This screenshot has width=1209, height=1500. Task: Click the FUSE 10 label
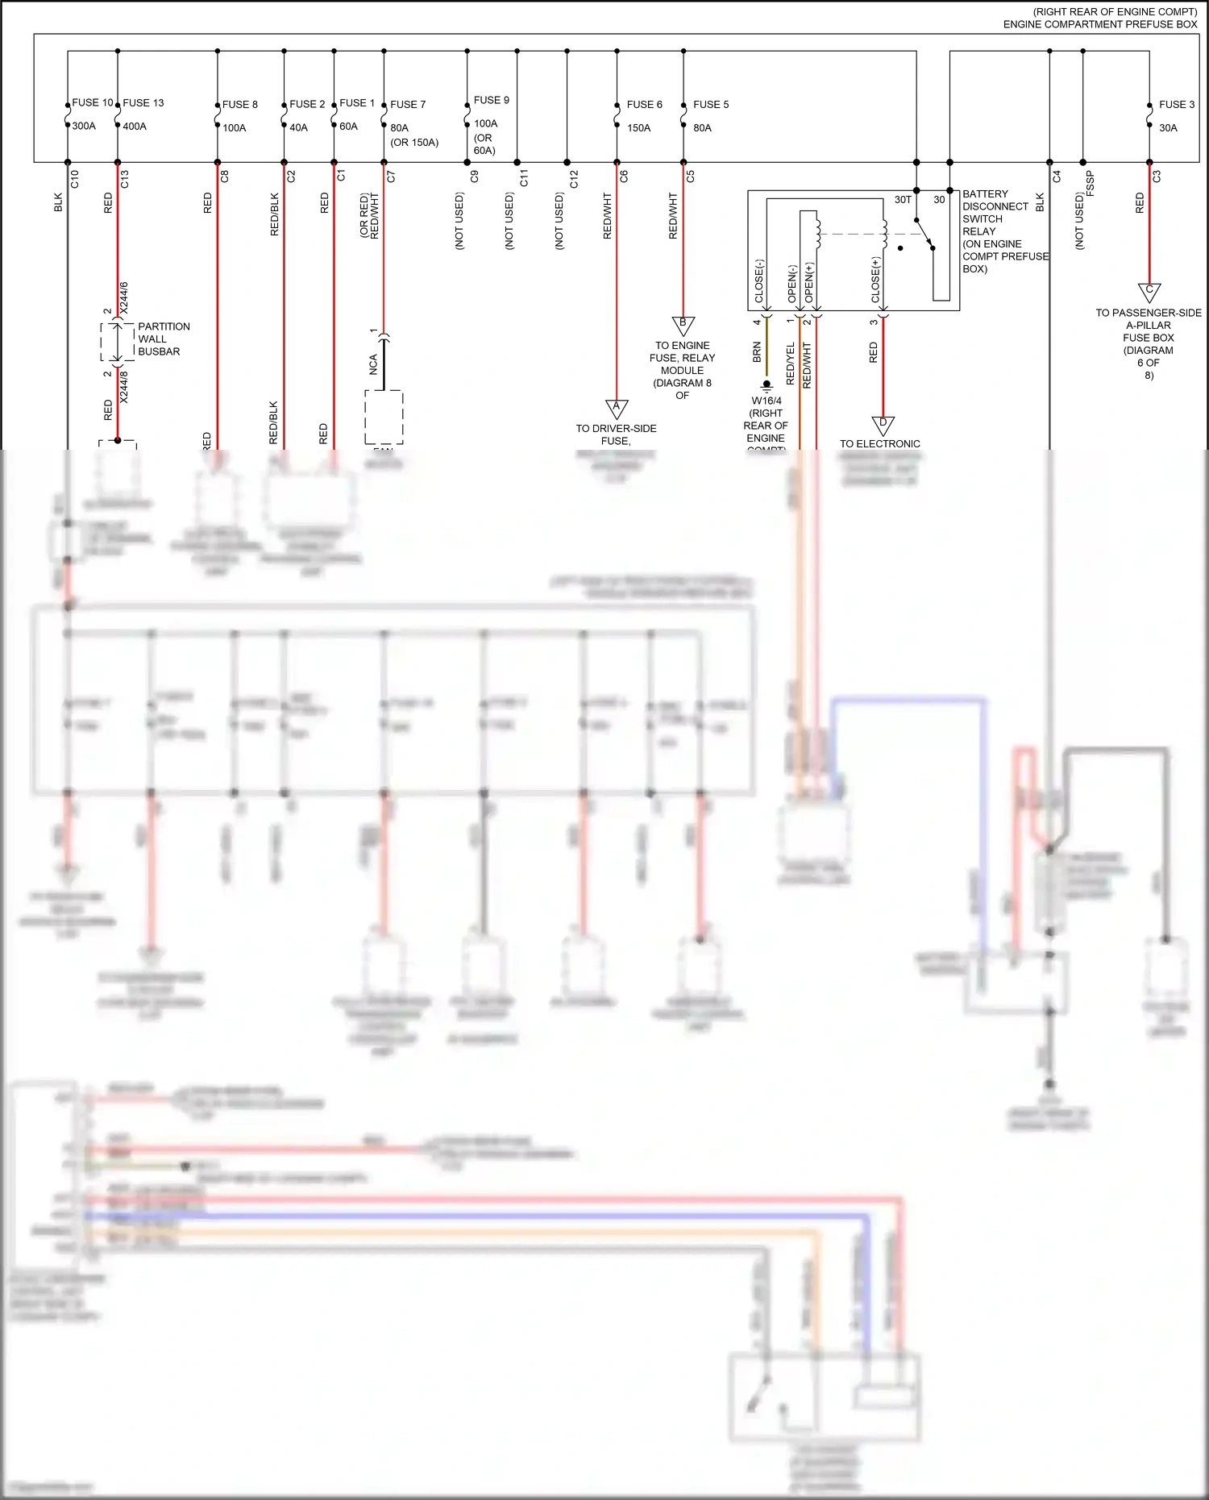coord(93,102)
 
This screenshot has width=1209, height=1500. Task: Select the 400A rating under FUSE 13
coord(135,127)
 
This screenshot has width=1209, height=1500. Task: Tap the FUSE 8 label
coord(240,105)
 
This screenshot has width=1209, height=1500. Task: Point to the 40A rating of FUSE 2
coord(298,127)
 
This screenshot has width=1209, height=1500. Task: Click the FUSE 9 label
coord(492,100)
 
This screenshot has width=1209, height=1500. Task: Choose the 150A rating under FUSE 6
coord(638,127)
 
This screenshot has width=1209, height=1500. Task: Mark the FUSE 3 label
coord(1177,105)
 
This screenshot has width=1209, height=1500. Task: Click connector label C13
coord(125,179)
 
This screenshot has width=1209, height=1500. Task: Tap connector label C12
coord(574,179)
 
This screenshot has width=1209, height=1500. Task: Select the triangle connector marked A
coord(617,409)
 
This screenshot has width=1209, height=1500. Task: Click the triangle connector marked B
coord(683,326)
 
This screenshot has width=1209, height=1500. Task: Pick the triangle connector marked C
coord(1149,292)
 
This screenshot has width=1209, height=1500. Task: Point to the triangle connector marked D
coord(883,425)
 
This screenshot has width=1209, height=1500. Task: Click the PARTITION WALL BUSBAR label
coord(164,339)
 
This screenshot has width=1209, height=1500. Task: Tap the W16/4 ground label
coord(767,401)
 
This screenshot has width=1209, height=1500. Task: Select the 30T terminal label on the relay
coord(903,200)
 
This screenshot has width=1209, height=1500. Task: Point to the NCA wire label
coord(373,364)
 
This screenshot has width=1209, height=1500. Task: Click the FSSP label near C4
coord(1091,183)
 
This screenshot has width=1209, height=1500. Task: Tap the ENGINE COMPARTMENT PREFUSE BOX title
coord(1100,24)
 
